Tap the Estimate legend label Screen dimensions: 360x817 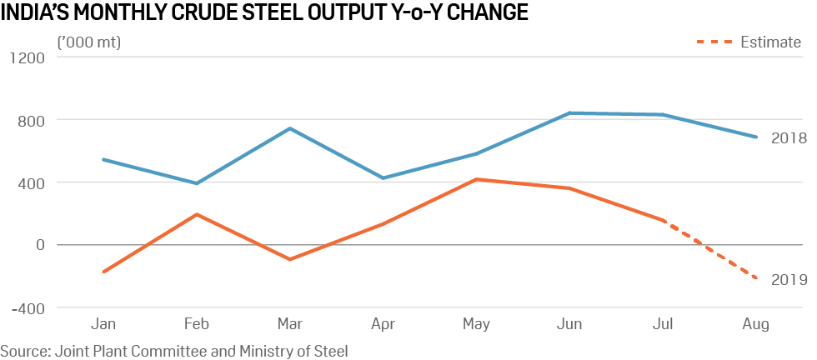coord(770,42)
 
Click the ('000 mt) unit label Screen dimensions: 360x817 coord(88,42)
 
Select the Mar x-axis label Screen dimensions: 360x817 coord(289,323)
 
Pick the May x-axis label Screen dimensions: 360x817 coord(476,323)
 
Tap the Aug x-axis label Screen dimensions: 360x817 coord(756,323)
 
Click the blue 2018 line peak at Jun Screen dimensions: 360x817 coord(569,113)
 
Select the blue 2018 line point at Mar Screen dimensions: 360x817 coord(289,128)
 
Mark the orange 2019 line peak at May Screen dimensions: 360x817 coord(476,179)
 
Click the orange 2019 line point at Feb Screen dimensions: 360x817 coord(196,214)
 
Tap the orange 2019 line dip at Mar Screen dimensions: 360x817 coord(289,259)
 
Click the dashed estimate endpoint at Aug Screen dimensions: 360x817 coord(755,278)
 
